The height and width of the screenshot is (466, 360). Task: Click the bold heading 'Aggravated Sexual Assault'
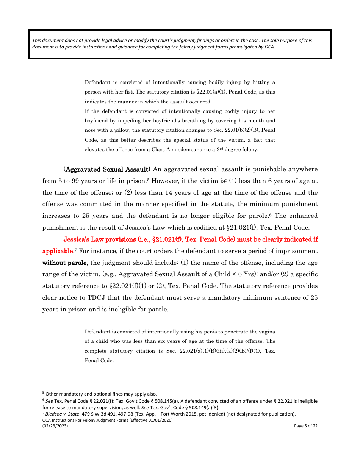tap(108, 169)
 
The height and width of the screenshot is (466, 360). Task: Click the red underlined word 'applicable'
tap(57, 251)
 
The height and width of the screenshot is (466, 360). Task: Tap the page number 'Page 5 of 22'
tap(305, 426)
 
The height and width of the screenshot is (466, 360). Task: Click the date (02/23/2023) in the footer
tap(55, 426)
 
